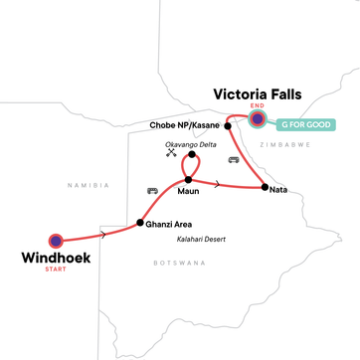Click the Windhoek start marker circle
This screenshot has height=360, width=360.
(x=56, y=240)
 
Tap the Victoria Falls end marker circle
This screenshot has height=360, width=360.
(x=258, y=119)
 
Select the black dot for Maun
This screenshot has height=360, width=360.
(x=188, y=180)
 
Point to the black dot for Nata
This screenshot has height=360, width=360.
(x=263, y=188)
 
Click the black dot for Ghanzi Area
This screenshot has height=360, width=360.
(x=139, y=222)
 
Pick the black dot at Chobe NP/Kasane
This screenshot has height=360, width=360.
(x=228, y=125)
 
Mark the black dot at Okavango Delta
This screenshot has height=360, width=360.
(x=192, y=155)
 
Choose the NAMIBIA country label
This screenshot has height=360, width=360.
(x=87, y=185)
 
